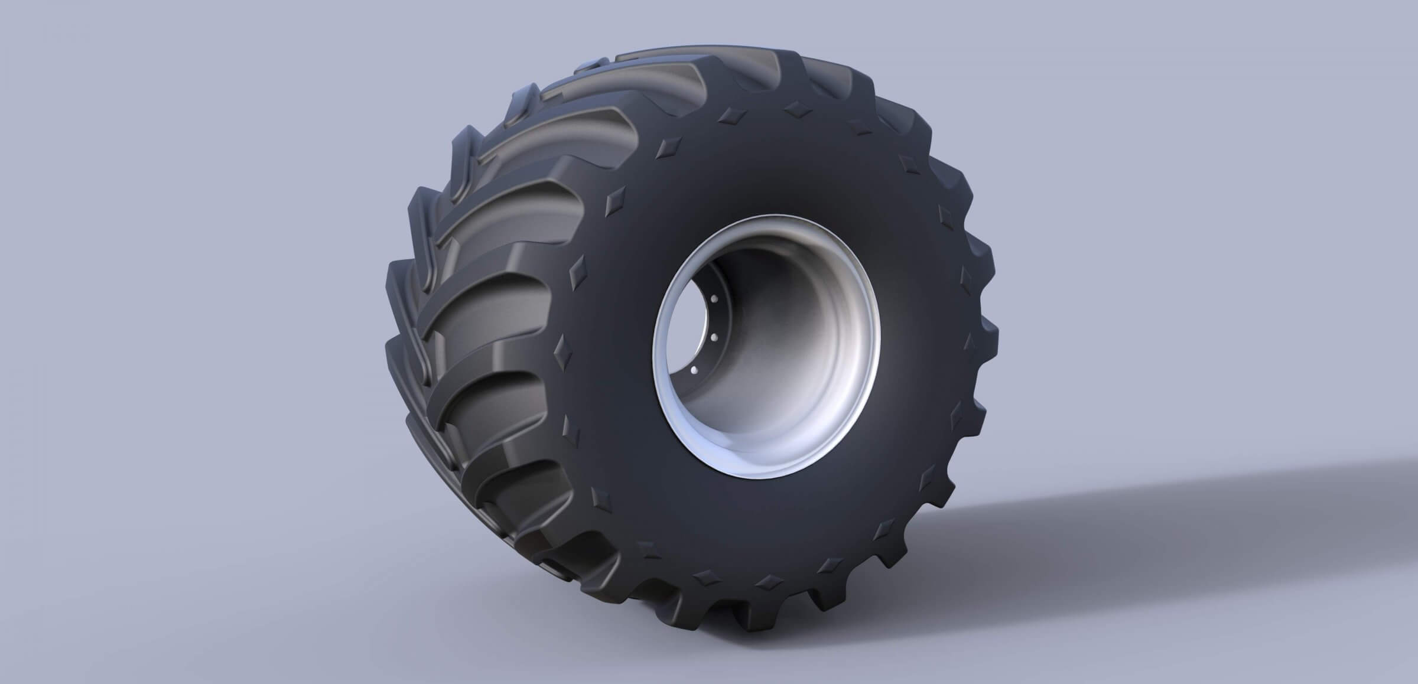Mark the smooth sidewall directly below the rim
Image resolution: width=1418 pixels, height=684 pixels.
click(x=768, y=532)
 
